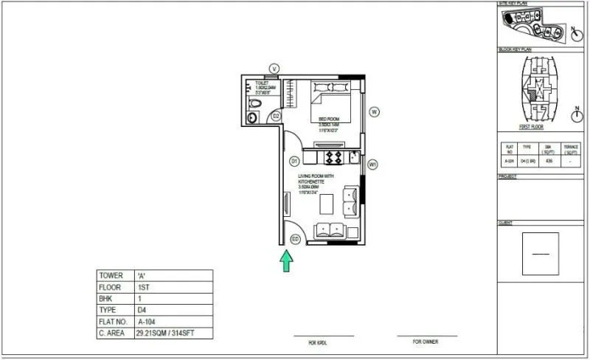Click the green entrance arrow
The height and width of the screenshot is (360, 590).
tap(286, 260)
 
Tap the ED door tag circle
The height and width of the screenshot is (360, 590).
tap(296, 239)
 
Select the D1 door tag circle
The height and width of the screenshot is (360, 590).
tap(294, 161)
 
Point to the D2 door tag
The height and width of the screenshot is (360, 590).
tap(276, 116)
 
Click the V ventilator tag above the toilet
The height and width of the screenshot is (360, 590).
tap(274, 69)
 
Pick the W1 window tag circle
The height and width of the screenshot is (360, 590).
tap(373, 165)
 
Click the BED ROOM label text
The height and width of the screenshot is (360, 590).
tap(329, 119)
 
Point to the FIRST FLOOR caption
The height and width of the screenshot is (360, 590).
tap(532, 127)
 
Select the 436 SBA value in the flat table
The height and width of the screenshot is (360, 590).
tap(547, 160)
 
